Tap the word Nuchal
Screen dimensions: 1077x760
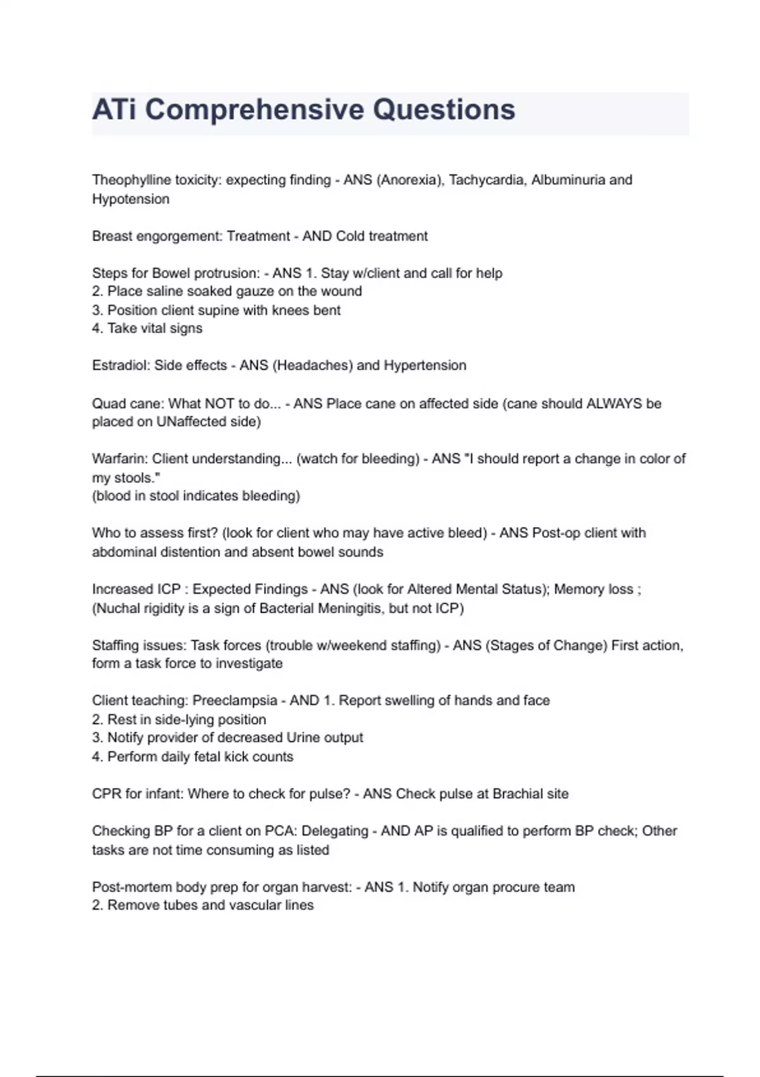118,608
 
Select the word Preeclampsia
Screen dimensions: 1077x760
235,701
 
